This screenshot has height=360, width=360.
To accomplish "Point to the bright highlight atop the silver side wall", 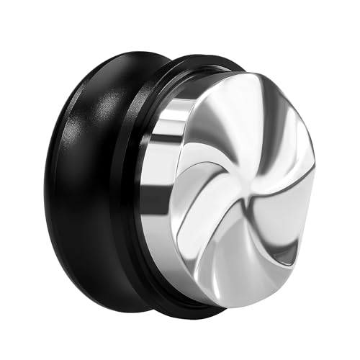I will [x=180, y=101].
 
